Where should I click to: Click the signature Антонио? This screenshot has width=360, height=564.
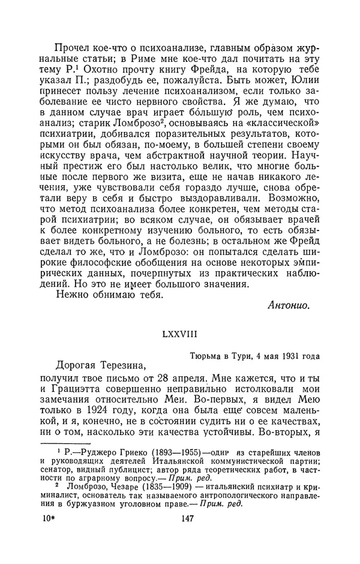coord(288,305)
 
